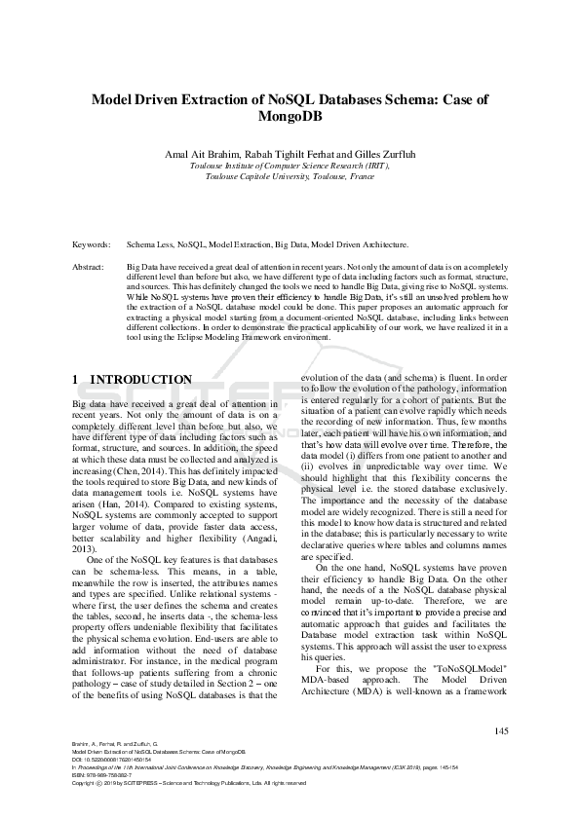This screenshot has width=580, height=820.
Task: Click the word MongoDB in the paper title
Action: [x=290, y=117]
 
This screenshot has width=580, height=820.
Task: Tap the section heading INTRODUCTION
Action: [x=140, y=379]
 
